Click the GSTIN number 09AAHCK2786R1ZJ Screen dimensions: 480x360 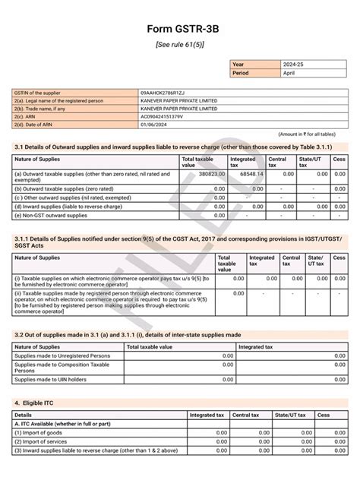pos(163,92)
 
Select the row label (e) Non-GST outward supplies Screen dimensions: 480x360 pos(51,216)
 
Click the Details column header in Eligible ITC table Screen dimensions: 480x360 pos(24,415)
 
